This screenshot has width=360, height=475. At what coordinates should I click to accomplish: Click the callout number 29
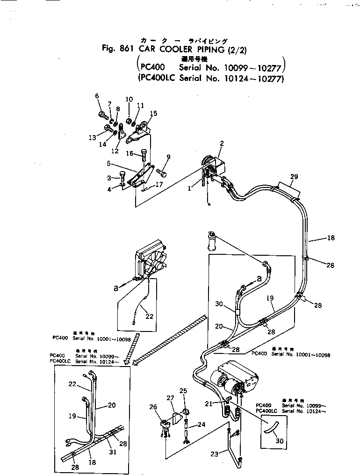[x=294, y=176]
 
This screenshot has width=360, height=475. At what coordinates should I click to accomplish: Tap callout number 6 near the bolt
[x=97, y=96]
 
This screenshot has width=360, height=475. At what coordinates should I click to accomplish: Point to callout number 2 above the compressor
[x=222, y=144]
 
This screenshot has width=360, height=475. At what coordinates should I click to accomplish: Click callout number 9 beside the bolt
[x=168, y=157]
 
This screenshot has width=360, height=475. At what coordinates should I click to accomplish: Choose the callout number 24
[x=201, y=425]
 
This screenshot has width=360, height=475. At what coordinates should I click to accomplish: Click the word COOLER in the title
[x=170, y=48]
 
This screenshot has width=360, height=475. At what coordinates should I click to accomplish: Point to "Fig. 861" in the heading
[x=116, y=48]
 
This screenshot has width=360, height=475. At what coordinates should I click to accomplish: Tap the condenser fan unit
[x=151, y=264]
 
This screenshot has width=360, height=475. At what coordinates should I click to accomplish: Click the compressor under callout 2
[x=213, y=169]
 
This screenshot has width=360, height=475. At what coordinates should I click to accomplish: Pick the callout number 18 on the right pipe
[x=331, y=238]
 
